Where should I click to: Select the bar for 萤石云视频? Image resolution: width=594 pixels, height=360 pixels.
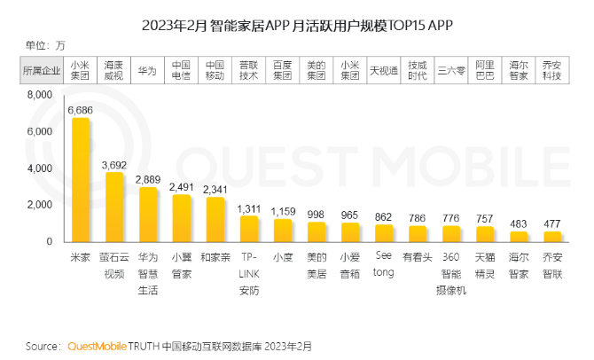click(x=114, y=207)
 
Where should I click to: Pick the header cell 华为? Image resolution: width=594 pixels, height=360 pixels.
click(x=148, y=69)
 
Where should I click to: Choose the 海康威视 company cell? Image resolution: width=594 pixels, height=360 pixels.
click(x=114, y=69)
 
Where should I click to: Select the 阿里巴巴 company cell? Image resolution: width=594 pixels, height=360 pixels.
click(x=485, y=69)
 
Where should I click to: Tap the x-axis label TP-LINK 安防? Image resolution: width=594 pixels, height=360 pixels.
click(x=249, y=270)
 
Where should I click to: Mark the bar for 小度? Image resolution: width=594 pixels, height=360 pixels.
click(x=283, y=230)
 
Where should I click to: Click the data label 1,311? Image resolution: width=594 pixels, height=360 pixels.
click(x=249, y=208)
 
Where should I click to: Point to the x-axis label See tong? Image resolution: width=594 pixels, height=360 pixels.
click(x=384, y=262)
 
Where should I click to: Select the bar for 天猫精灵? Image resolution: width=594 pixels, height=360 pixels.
click(x=485, y=233)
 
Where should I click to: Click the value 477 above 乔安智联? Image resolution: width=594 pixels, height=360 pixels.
click(x=552, y=223)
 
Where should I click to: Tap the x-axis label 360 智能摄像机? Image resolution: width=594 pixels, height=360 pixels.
click(x=451, y=270)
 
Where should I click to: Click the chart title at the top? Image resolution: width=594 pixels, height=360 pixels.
click(x=297, y=20)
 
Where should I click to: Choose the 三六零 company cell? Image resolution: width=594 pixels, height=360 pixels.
click(x=451, y=69)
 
